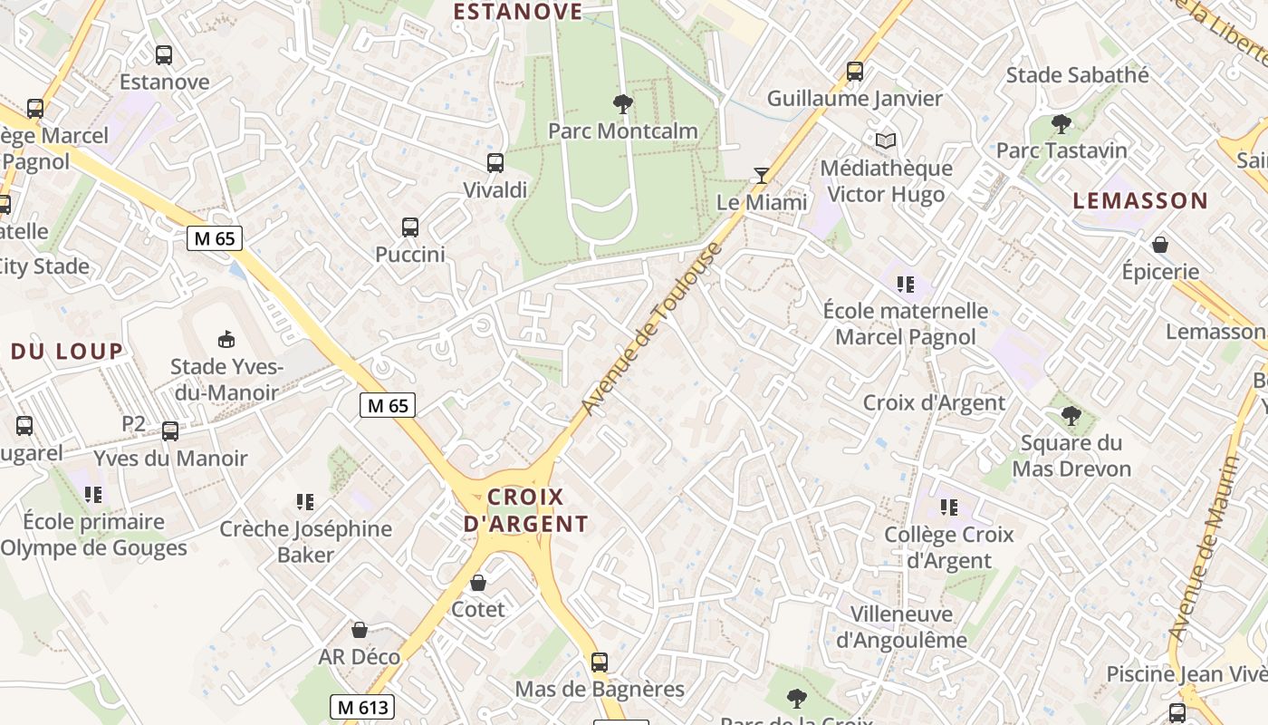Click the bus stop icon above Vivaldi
click(495, 163)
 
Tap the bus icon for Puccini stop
click(410, 227)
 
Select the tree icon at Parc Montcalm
click(622, 103)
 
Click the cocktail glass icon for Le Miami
click(762, 175)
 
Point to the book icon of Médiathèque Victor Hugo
click(886, 140)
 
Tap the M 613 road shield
click(361, 707)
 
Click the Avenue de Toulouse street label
click(651, 329)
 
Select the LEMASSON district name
click(1140, 200)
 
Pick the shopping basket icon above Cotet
click(477, 582)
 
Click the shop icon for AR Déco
click(360, 629)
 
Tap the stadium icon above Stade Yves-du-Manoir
click(226, 339)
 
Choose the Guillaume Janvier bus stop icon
click(854, 71)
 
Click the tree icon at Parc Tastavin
click(1061, 123)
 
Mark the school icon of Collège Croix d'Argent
click(948, 507)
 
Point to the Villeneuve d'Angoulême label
click(900, 627)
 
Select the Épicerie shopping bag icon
click(1159, 244)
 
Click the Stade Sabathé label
click(1077, 74)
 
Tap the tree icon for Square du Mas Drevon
click(1071, 416)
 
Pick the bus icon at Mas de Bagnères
click(599, 662)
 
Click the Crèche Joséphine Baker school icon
click(305, 502)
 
